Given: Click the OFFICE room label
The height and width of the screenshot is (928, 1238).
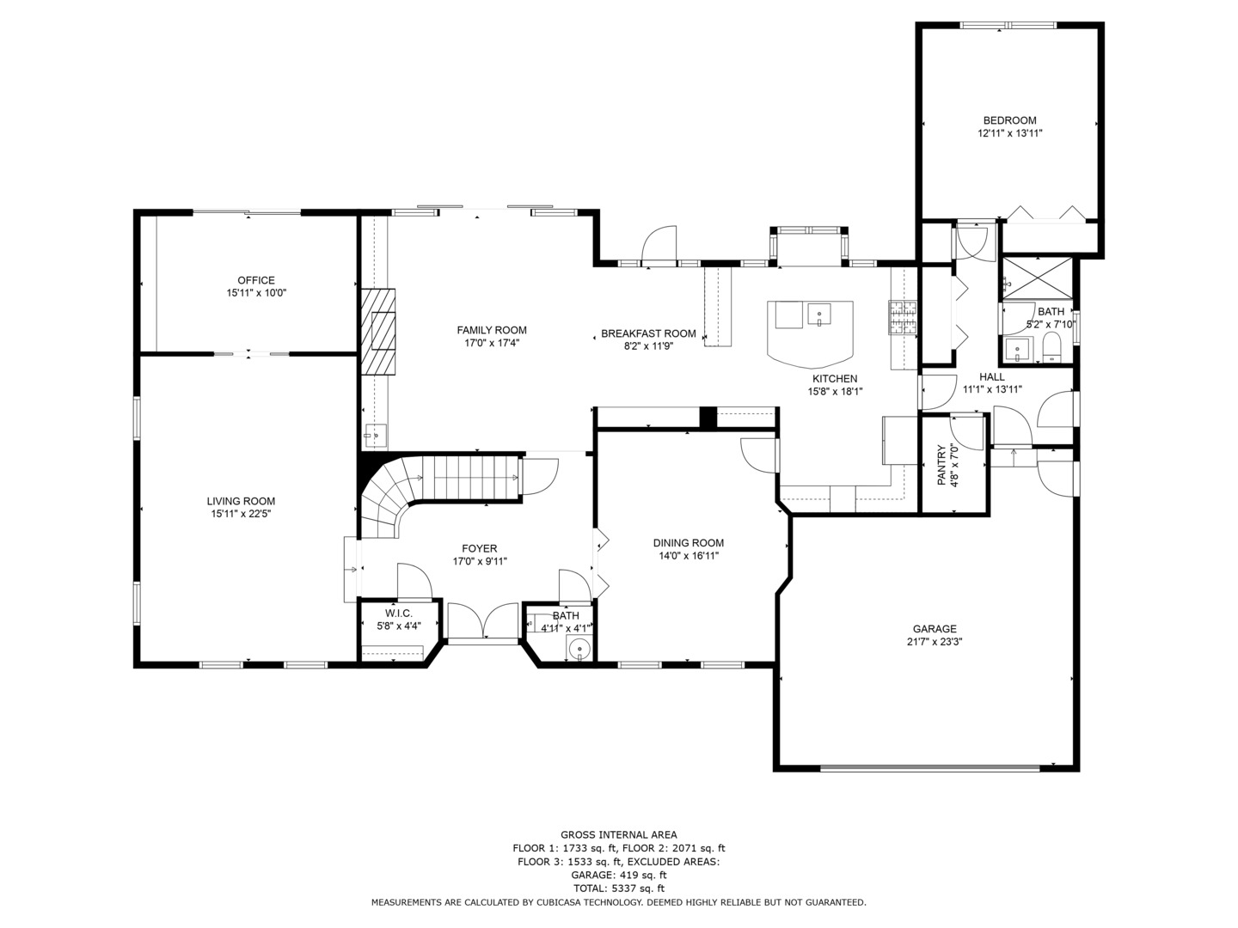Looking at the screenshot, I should [x=256, y=280].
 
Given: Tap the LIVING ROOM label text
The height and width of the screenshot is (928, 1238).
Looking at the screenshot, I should [x=241, y=501].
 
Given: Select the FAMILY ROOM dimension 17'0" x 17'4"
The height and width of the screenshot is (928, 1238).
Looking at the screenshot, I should [x=492, y=343].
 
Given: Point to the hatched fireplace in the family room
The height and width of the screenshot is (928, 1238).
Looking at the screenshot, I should [x=378, y=332].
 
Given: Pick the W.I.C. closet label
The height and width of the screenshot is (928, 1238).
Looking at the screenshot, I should [x=399, y=613].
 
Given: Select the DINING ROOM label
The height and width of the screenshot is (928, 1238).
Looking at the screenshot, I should [x=688, y=542].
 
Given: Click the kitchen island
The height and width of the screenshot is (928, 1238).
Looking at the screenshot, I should [x=810, y=331].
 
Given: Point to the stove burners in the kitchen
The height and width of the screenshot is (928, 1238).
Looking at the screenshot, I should [x=903, y=317].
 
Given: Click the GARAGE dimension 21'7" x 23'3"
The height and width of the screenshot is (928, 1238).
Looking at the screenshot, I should [x=935, y=641].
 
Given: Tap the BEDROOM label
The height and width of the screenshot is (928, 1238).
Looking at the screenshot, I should [x=1009, y=120].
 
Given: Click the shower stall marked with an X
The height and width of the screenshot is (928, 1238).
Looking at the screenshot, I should [x=1038, y=278].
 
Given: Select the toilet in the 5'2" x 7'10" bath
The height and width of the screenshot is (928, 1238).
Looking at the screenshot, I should [x=1051, y=348].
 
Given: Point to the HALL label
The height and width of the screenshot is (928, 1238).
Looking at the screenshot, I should [x=991, y=376].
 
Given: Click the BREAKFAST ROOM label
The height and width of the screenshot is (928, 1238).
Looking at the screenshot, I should [x=648, y=333].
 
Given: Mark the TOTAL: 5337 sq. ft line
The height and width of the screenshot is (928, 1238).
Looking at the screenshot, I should [x=618, y=888].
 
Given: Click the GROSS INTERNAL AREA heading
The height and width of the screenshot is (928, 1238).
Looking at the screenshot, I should [x=618, y=834].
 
